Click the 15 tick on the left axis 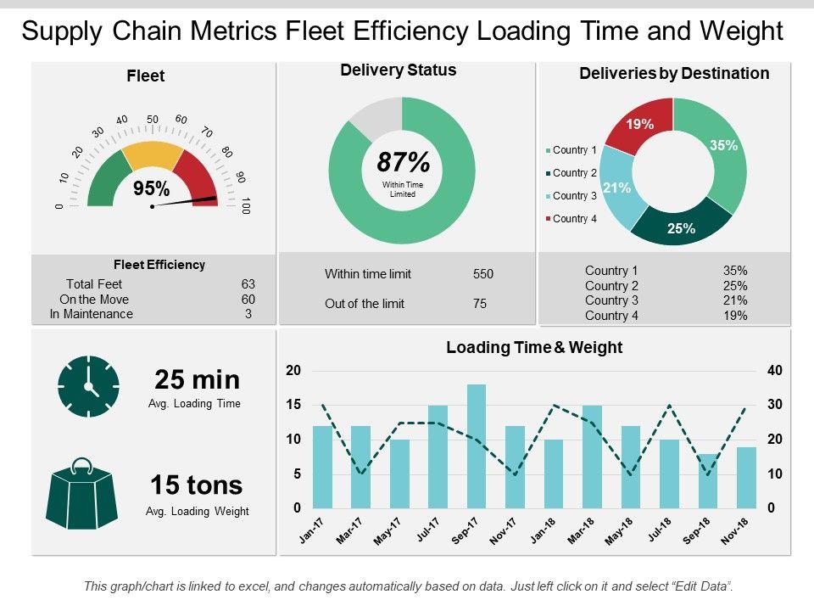pyautogui.click(x=293, y=406)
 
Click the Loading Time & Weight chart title pyautogui.click(x=534, y=347)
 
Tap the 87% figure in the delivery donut pyautogui.click(x=402, y=162)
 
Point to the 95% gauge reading pyautogui.click(x=152, y=188)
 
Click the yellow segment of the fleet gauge pyautogui.click(x=153, y=156)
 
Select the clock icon pyautogui.click(x=88, y=386)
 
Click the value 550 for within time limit pyautogui.click(x=482, y=274)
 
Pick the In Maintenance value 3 pyautogui.click(x=248, y=314)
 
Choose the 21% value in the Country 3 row pyautogui.click(x=734, y=300)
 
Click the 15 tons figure pyautogui.click(x=197, y=485)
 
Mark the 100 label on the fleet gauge pyautogui.click(x=246, y=205)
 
